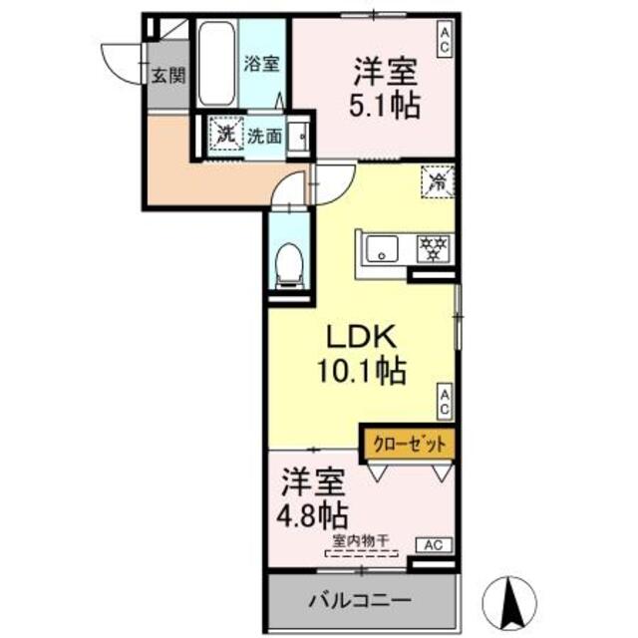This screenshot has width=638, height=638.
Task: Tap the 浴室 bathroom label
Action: (262, 62)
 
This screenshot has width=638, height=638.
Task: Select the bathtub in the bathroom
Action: (215, 65)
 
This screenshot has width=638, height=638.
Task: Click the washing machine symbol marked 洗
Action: (226, 135)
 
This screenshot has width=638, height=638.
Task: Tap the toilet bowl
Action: (288, 260)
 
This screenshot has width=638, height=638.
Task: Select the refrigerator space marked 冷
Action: (437, 181)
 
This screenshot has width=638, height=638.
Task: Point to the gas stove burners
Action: (433, 248)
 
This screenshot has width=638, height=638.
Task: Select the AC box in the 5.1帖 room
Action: (444, 41)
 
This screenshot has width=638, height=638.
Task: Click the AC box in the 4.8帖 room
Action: (434, 544)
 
